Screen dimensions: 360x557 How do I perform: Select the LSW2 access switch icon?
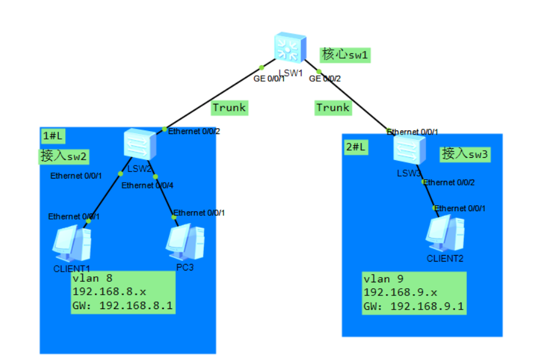point(140,144)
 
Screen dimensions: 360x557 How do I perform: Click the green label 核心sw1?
point(345,55)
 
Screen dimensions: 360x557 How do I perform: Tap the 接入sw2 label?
point(64,156)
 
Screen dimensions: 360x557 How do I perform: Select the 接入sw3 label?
point(463,154)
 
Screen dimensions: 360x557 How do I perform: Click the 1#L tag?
point(53,136)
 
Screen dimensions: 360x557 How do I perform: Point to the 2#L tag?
point(356,146)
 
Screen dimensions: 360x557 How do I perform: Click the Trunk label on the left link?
point(229,107)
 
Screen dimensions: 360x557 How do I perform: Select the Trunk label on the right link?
point(332,107)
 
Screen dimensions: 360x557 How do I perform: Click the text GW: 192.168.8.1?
point(123,306)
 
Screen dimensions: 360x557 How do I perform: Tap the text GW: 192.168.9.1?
point(414,307)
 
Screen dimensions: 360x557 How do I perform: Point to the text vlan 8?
point(92,278)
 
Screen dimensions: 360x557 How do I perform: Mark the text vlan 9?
point(383,279)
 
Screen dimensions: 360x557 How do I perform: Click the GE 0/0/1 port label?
point(269,79)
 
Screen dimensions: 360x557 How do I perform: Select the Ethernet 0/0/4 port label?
point(148,186)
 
